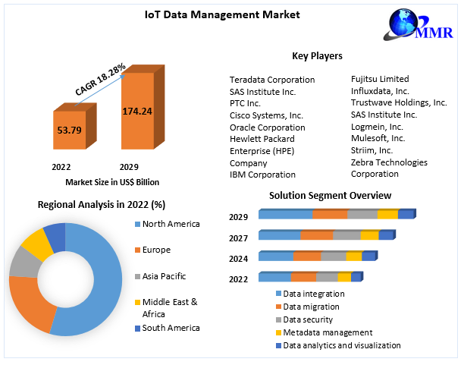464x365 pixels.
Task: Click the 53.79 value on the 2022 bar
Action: tap(69, 130)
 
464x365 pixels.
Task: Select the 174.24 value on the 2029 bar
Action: tap(137, 111)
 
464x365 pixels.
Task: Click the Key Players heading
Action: tap(317, 56)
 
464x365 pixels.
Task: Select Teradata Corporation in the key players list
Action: tap(272, 80)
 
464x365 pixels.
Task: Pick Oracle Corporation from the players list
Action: tap(267, 127)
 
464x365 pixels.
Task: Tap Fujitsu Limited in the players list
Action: tap(380, 79)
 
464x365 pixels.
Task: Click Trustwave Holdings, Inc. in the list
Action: tap(399, 102)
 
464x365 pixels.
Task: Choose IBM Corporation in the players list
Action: tap(262, 175)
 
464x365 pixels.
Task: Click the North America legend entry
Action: tap(171, 224)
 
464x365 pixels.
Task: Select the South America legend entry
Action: tap(171, 328)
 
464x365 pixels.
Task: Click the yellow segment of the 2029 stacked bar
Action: tap(387, 215)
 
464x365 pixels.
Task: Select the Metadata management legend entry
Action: tap(327, 332)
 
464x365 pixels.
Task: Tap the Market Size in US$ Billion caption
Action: tap(112, 182)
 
